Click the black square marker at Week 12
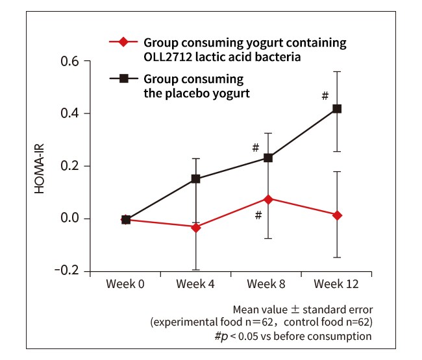pyautogui.click(x=337, y=109)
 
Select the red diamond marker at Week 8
pyautogui.click(x=267, y=198)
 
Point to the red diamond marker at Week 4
pyautogui.click(x=196, y=227)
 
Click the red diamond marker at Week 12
pyautogui.click(x=337, y=215)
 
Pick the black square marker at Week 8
pyautogui.click(x=267, y=158)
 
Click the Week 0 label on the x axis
pyautogui.click(x=126, y=285)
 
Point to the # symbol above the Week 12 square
pyautogui.click(x=325, y=96)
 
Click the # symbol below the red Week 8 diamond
pyautogui.click(x=258, y=215)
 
